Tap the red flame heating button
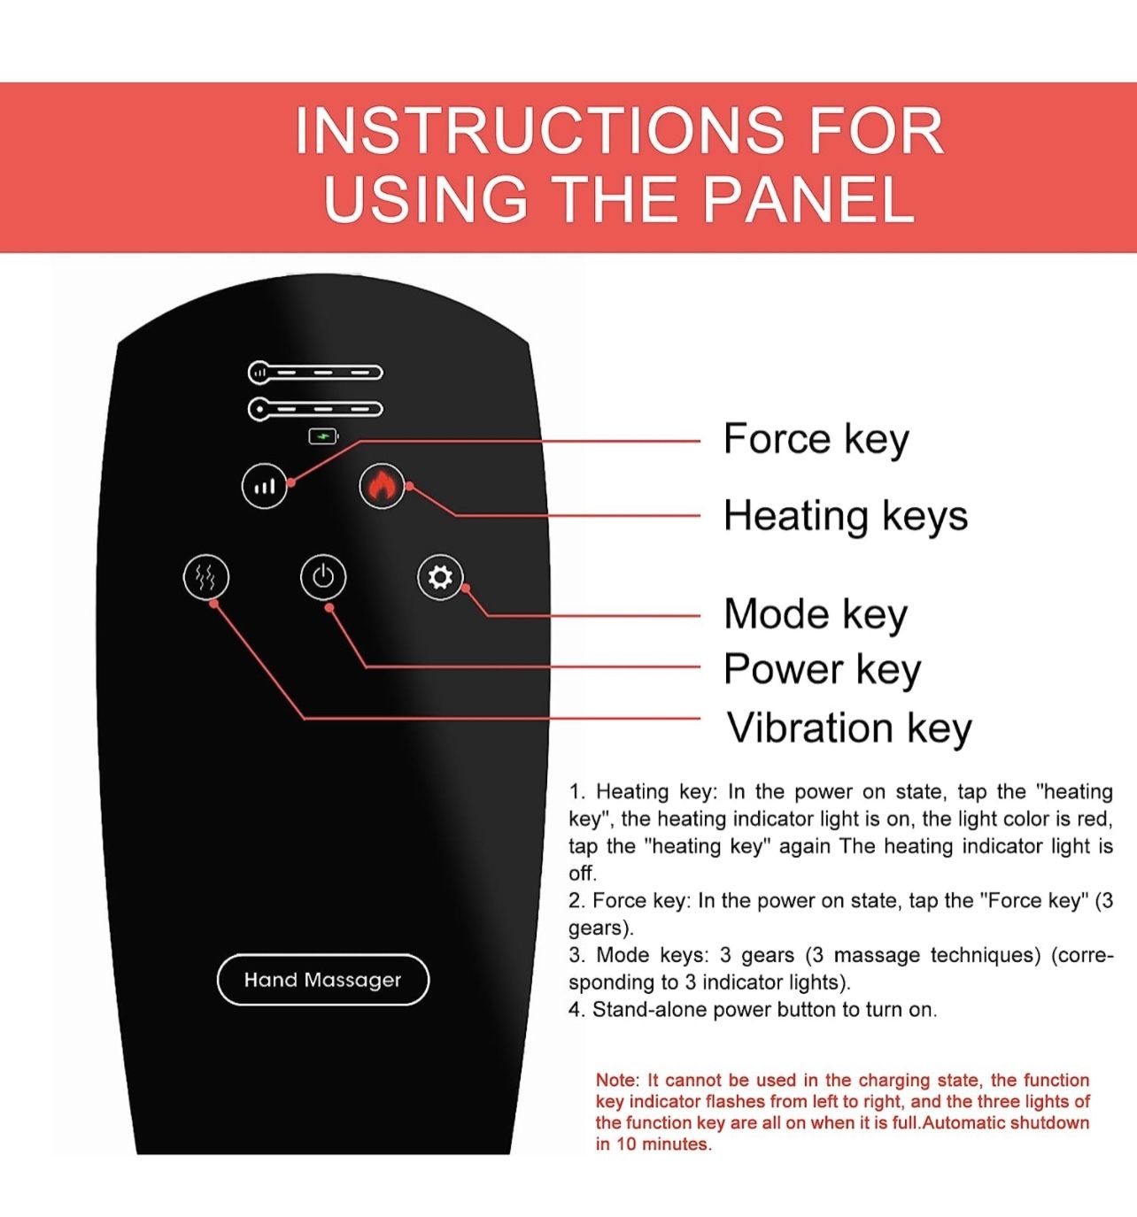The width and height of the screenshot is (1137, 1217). (x=382, y=486)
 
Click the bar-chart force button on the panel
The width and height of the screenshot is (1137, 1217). (x=264, y=486)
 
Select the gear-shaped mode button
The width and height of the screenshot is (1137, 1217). (x=440, y=577)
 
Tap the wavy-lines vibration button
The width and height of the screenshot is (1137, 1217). (x=206, y=577)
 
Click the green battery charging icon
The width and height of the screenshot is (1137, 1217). (x=323, y=437)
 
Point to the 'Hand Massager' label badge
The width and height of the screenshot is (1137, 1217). (x=323, y=979)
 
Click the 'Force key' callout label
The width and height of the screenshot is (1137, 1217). (x=816, y=440)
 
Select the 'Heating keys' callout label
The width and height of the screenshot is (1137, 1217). (x=846, y=516)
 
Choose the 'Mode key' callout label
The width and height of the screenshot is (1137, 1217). (x=815, y=614)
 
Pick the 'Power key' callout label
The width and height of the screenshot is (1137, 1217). (x=823, y=669)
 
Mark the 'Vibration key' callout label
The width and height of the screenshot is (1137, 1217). (x=849, y=728)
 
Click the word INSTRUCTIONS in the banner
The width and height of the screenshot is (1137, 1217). (x=539, y=130)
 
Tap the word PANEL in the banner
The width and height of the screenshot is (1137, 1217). (x=808, y=199)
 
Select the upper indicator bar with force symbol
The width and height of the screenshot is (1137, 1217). (x=315, y=373)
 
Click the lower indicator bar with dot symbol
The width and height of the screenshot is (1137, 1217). (x=315, y=409)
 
